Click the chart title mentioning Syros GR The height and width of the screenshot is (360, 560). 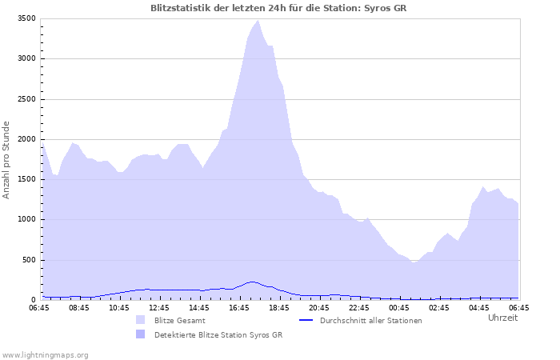[278, 8]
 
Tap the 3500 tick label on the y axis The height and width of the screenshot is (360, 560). [26, 18]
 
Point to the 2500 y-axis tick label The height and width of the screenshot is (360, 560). [26, 99]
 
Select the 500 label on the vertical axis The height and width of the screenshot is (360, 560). [29, 260]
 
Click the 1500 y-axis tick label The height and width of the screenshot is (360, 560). [26, 179]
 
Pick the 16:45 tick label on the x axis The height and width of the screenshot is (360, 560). [239, 308]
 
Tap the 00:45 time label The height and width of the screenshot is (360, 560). [399, 308]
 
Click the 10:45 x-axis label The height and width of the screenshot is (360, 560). [119, 308]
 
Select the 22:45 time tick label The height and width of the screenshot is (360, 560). [359, 308]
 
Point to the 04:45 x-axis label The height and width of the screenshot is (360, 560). [479, 308]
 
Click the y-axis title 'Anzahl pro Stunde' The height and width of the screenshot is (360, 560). [6, 160]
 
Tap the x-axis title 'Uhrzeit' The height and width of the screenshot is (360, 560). [503, 318]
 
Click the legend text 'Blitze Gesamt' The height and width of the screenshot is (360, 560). [180, 321]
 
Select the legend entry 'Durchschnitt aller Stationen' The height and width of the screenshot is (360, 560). [370, 321]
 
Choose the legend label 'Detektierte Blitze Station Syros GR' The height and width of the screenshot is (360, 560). [218, 335]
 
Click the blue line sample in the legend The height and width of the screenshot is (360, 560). [306, 320]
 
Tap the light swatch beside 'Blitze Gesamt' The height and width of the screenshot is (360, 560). [140, 320]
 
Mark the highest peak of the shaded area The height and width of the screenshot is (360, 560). [258, 20]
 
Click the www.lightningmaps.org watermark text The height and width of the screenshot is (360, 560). [45, 355]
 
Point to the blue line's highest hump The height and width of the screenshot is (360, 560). [253, 282]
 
